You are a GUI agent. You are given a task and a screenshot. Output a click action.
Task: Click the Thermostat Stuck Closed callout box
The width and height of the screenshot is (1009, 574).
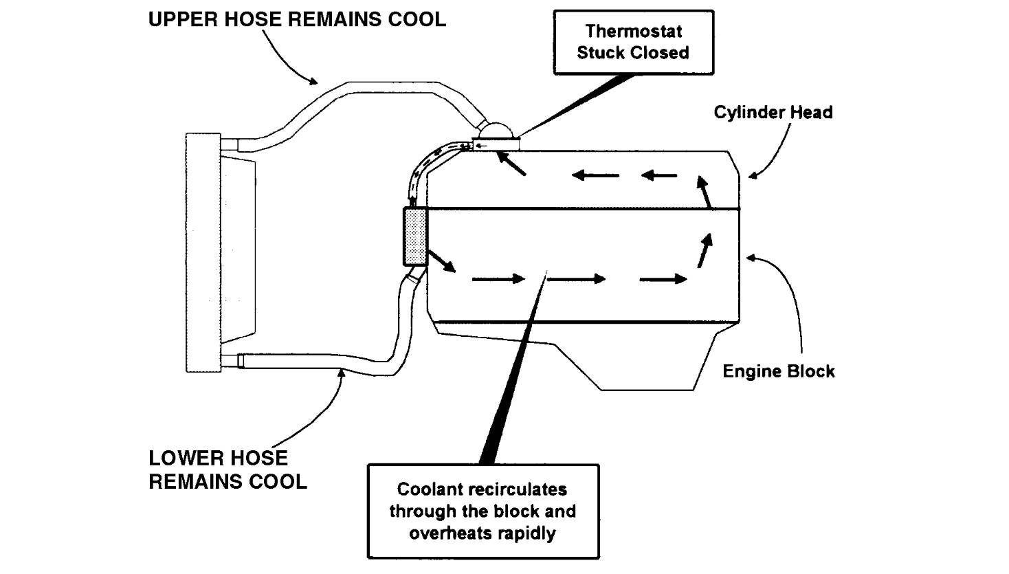point(633,42)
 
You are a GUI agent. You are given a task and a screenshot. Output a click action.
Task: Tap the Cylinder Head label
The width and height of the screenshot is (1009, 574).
point(773,112)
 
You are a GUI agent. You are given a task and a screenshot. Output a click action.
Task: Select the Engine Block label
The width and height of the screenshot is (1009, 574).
point(778,371)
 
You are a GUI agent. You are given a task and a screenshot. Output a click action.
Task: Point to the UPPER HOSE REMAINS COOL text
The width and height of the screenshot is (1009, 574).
point(297,19)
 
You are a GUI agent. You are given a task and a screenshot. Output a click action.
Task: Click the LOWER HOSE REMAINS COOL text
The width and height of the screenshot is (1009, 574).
point(228,470)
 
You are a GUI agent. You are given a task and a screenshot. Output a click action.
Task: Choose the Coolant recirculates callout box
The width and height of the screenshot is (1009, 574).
point(483,511)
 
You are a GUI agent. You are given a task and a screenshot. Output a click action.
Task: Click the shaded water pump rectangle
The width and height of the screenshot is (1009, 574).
point(414,236)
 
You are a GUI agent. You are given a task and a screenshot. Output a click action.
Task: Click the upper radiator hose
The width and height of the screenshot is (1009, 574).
point(357,96)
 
